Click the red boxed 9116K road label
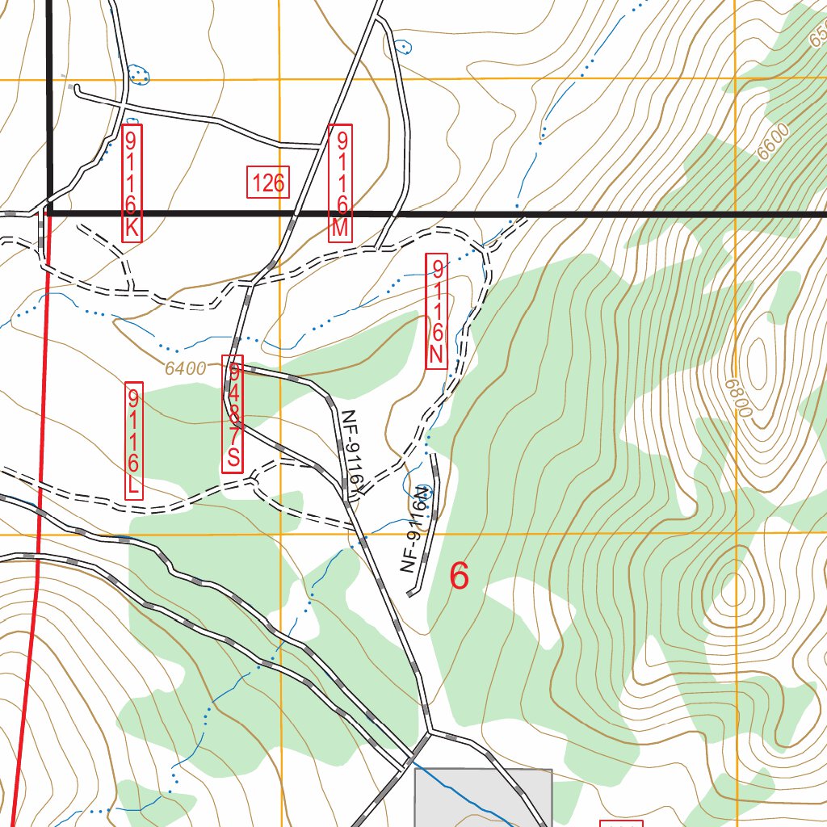pyautogui.click(x=132, y=183)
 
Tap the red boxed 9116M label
pyautogui.click(x=340, y=183)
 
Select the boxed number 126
pyautogui.click(x=267, y=183)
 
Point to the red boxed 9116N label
pyautogui.click(x=436, y=312)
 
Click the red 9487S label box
pyautogui.click(x=233, y=414)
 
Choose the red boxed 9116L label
pyautogui.click(x=133, y=440)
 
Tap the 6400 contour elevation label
pyautogui.click(x=185, y=369)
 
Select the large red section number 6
pyautogui.click(x=459, y=577)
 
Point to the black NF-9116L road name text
pyautogui.click(x=352, y=452)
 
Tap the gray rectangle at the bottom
pyautogui.click(x=483, y=798)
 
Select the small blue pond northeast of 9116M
pyautogui.click(x=404, y=47)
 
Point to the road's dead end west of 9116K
pyautogui.click(x=77, y=90)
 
